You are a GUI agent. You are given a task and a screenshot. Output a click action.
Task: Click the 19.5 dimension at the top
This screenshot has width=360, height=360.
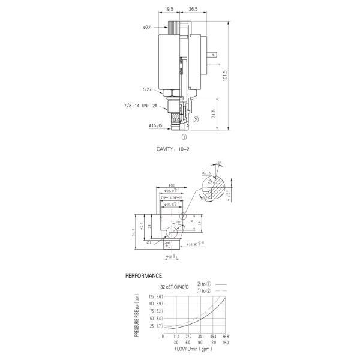pos(169,10)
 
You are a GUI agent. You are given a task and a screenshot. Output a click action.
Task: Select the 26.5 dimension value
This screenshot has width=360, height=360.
pos(193,10)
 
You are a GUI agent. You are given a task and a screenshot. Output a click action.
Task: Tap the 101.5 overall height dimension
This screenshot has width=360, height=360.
pos(224,77)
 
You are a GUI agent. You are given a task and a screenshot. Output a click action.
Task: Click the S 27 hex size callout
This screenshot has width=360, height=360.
pos(146,89)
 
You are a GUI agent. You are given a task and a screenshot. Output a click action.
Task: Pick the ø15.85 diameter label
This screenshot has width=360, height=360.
pos(157,125)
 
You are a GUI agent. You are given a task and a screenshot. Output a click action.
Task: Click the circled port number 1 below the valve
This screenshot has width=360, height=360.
pos(176,136)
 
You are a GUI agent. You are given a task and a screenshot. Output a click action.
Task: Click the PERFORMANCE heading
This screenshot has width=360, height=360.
pos(143,276)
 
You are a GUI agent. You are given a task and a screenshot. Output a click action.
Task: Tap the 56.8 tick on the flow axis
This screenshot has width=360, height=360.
pos(226,337)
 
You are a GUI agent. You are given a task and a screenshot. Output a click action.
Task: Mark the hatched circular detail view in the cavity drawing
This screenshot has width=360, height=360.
pos(215,185)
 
